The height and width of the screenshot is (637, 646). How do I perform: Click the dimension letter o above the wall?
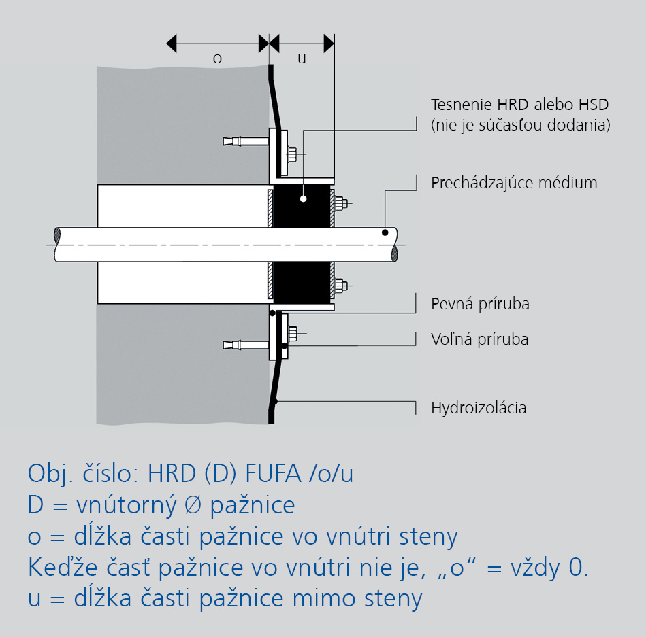click(x=217, y=59)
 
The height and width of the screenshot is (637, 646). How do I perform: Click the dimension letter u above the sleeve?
click(x=302, y=59)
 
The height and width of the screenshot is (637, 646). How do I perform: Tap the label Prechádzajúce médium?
click(x=514, y=183)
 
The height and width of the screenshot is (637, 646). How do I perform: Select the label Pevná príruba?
click(x=480, y=304)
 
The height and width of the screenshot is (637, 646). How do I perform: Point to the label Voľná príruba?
click(x=479, y=339)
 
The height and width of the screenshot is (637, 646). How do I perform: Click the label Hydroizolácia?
click(x=479, y=408)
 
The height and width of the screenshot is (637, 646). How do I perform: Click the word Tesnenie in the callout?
click(x=462, y=105)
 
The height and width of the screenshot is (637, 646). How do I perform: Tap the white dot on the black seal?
click(x=303, y=199)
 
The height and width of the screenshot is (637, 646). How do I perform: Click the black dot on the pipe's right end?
click(x=385, y=233)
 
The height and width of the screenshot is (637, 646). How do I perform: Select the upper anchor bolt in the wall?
click(x=246, y=141)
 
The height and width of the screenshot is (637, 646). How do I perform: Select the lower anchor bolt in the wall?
click(x=246, y=345)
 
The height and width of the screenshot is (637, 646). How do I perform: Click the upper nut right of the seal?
click(x=341, y=203)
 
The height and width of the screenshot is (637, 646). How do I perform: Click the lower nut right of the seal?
click(x=341, y=286)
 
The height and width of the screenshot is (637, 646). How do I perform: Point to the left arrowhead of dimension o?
click(x=172, y=44)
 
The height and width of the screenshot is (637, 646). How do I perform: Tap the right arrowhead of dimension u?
click(x=329, y=44)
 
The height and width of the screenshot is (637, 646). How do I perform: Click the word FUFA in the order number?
click(x=273, y=473)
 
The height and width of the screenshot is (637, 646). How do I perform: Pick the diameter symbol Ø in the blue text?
click(x=193, y=504)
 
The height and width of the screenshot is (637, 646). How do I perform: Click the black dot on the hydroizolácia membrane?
click(x=275, y=401)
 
